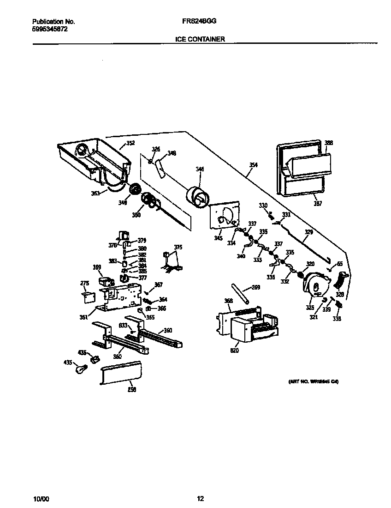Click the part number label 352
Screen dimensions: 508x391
[x=130, y=143]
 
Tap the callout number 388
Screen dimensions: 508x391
[x=328, y=143]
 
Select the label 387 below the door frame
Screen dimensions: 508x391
[x=318, y=203]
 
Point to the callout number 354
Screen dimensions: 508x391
[x=254, y=165]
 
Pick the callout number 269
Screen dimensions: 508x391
[x=256, y=287]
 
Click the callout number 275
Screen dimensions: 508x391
[x=84, y=283]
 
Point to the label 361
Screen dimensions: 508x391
[x=83, y=317]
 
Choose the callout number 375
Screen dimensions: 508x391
[x=178, y=248]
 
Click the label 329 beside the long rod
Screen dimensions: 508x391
[x=309, y=233]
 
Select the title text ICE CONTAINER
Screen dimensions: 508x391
[x=200, y=40]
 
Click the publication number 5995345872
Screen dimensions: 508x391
[x=50, y=29]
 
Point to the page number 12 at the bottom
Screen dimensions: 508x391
[x=200, y=498]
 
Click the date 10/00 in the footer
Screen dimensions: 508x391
[x=41, y=499]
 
